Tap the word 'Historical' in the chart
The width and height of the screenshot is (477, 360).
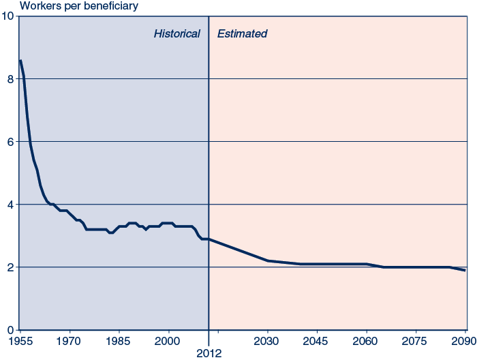coord(176,33)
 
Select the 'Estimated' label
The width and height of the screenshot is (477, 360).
coord(242,33)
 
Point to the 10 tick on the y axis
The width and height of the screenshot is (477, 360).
coord(7,16)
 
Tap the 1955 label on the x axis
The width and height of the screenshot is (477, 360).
coord(20,340)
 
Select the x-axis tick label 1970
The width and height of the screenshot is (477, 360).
coord(70,340)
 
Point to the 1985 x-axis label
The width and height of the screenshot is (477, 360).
coord(119,340)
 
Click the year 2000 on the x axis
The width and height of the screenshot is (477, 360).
coord(168,340)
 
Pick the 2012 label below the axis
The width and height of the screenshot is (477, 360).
coord(209,352)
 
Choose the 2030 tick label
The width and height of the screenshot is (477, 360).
coord(268,340)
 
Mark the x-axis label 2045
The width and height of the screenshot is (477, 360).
coord(317,340)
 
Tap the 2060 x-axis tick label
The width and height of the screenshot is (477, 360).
coord(367,340)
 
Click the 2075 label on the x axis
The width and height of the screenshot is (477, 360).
coord(416,340)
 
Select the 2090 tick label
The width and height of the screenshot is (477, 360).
coord(465,340)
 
